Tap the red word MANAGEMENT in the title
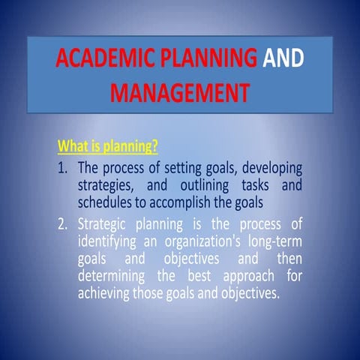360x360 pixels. [178, 92]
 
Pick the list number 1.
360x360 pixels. [62, 167]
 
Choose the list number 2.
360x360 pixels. [62, 223]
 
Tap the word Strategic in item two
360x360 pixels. [106, 223]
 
